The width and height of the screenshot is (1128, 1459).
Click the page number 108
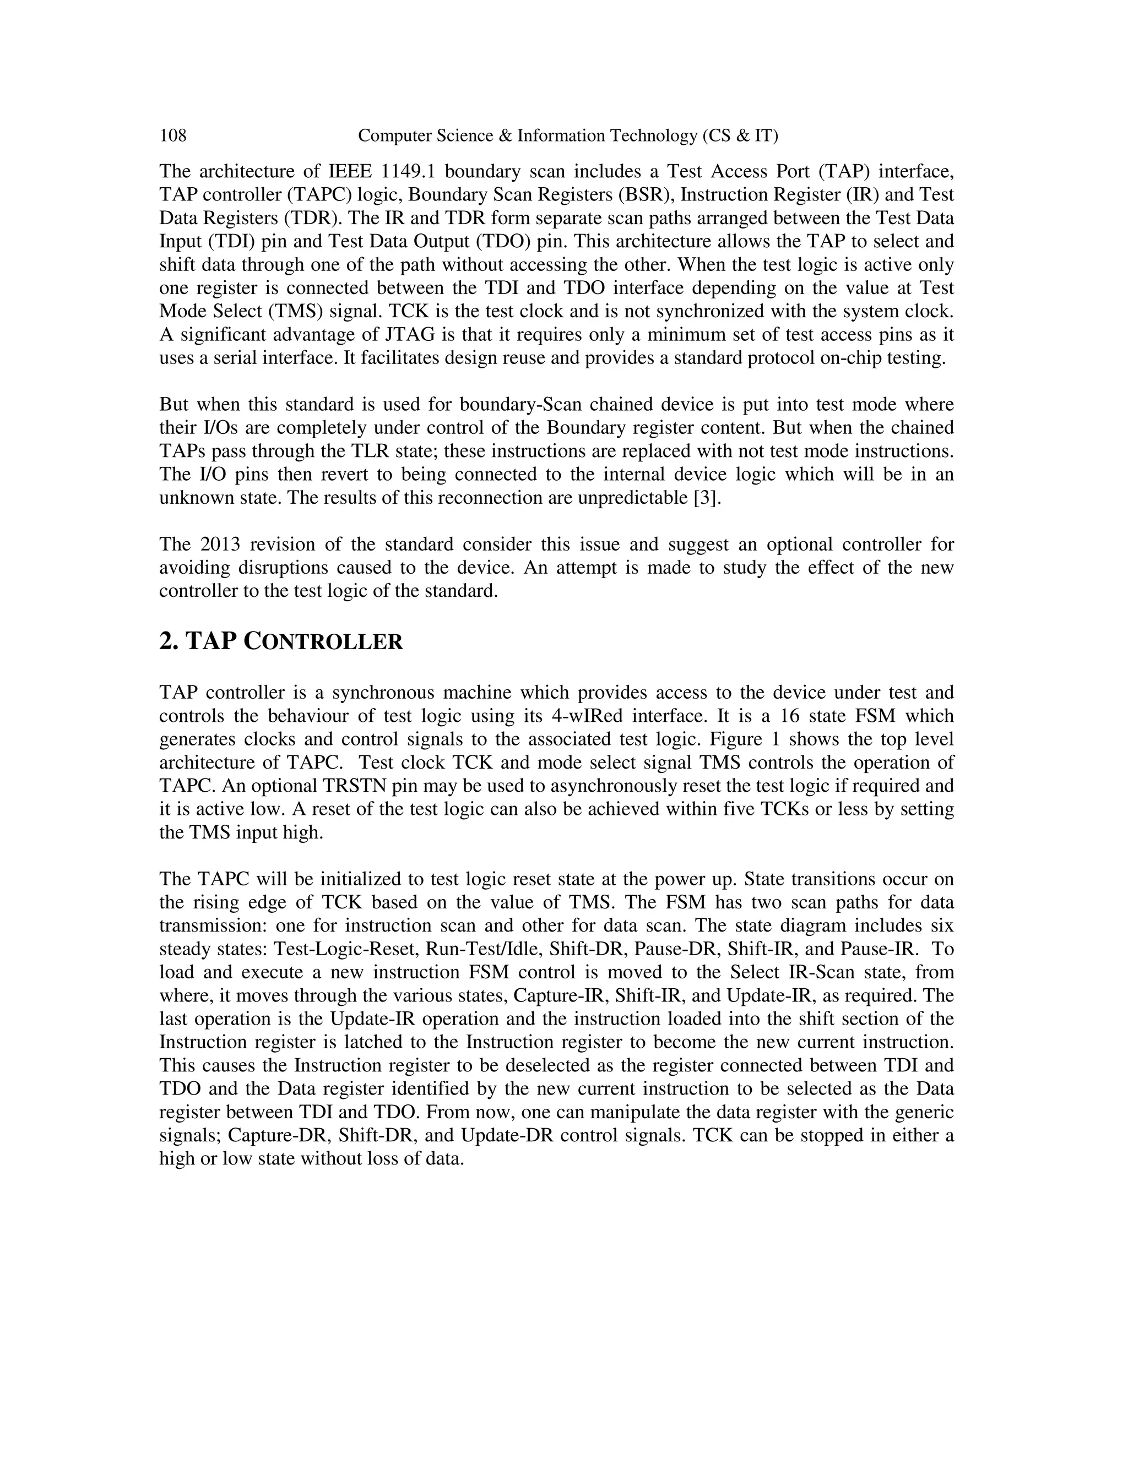pos(172,137)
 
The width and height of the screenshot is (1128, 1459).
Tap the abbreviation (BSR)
pos(647,195)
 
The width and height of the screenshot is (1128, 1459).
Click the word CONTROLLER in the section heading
pos(323,642)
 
